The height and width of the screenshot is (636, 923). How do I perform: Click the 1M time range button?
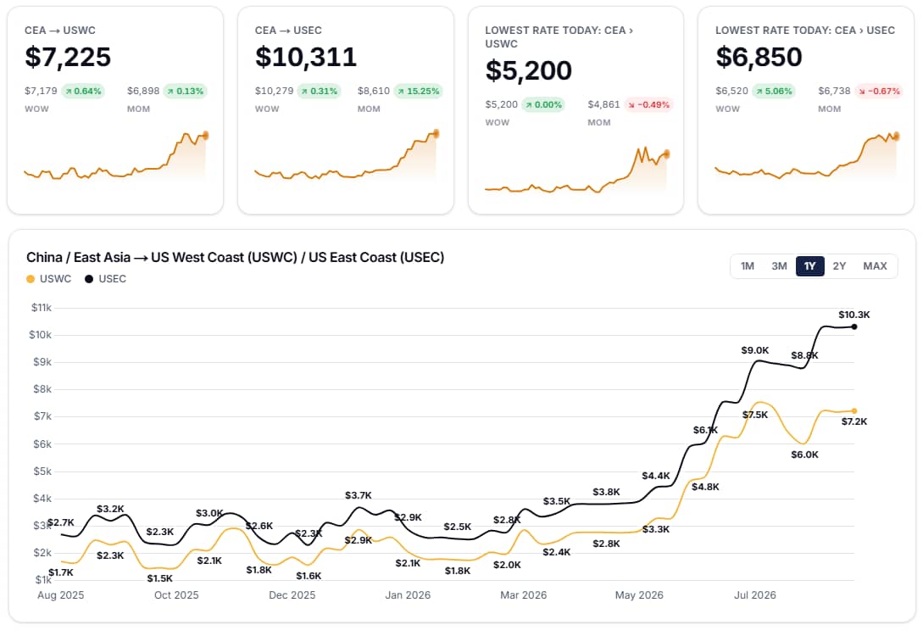pos(747,266)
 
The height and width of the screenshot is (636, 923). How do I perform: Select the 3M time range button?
pos(779,266)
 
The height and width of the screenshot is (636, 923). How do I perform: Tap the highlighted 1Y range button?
pos(810,266)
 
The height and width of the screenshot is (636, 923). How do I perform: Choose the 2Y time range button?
pos(839,266)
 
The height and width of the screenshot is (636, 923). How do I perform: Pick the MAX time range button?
pos(875,266)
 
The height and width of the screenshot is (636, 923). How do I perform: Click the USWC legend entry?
pos(49,279)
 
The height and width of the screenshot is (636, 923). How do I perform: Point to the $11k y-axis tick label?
pos(42,307)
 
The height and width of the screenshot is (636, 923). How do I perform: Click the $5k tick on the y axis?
pos(42,471)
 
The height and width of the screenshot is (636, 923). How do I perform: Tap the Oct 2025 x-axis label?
pos(176,594)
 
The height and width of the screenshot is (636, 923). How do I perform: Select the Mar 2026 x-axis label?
pos(523,594)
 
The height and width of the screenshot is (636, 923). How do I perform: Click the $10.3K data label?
pos(854,315)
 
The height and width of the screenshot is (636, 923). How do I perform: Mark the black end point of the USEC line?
pos(854,326)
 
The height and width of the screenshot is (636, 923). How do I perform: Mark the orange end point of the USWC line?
pos(854,411)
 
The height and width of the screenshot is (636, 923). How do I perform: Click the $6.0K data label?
pos(804,455)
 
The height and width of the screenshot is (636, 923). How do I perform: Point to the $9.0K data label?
pos(754,350)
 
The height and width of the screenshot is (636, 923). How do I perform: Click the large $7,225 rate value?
pos(68,57)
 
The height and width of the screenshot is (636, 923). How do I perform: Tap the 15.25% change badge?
pos(418,92)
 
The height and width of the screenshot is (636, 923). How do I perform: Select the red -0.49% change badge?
pos(648,105)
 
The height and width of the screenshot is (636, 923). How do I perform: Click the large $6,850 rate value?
pos(759,57)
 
